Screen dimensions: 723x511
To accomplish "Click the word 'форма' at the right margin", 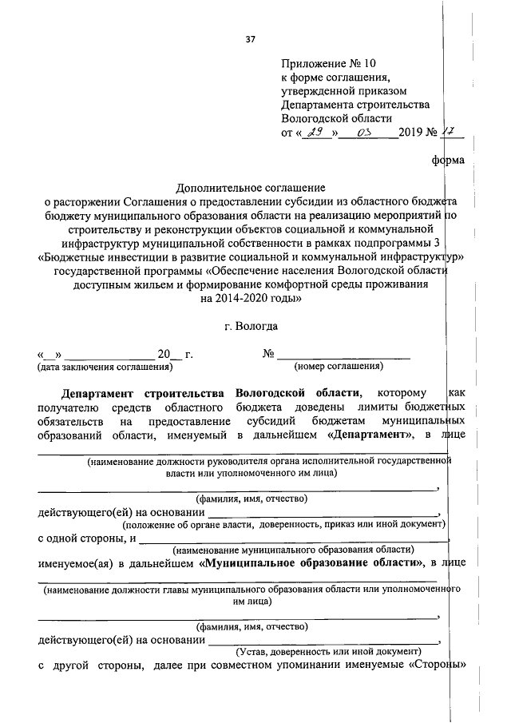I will (x=447, y=160).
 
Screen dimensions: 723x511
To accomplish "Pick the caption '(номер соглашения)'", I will (x=339, y=367).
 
